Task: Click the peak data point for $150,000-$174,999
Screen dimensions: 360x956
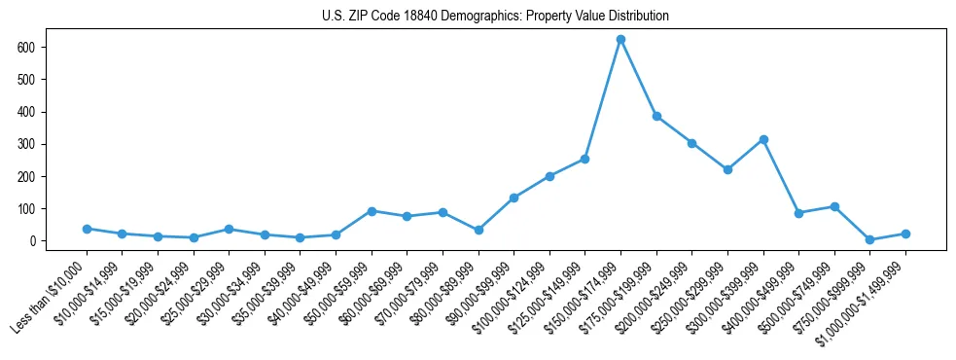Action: (x=620, y=39)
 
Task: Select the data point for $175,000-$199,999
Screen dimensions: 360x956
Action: (x=656, y=116)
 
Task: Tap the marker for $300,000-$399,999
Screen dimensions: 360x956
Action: (x=763, y=139)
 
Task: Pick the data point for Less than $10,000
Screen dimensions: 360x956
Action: (x=87, y=229)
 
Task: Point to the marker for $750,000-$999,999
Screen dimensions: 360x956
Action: (x=869, y=239)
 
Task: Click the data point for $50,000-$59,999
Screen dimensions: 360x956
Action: (x=372, y=211)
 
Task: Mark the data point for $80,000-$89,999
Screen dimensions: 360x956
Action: (x=478, y=230)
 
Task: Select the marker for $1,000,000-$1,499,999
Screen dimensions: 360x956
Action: (x=905, y=234)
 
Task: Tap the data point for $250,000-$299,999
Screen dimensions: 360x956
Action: (x=727, y=169)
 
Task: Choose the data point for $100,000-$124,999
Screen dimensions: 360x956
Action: (x=549, y=176)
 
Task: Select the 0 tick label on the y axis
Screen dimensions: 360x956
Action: (x=38, y=241)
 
